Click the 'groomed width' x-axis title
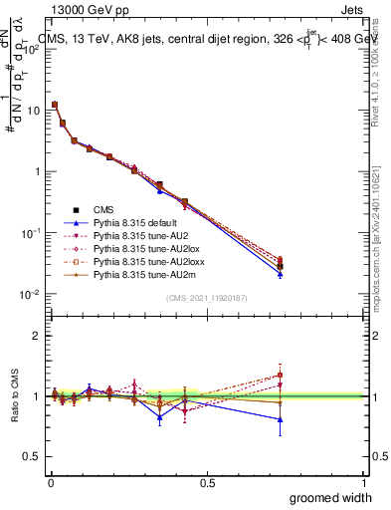coord(326,497)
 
